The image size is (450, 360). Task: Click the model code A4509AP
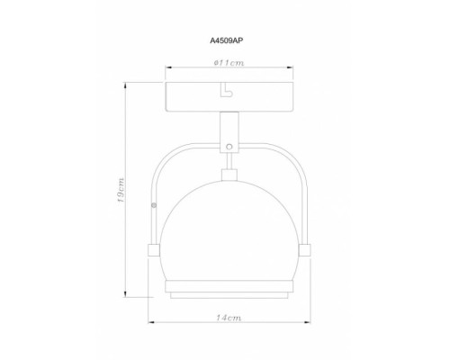coord(226,40)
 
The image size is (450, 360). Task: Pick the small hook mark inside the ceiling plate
coord(226,91)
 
